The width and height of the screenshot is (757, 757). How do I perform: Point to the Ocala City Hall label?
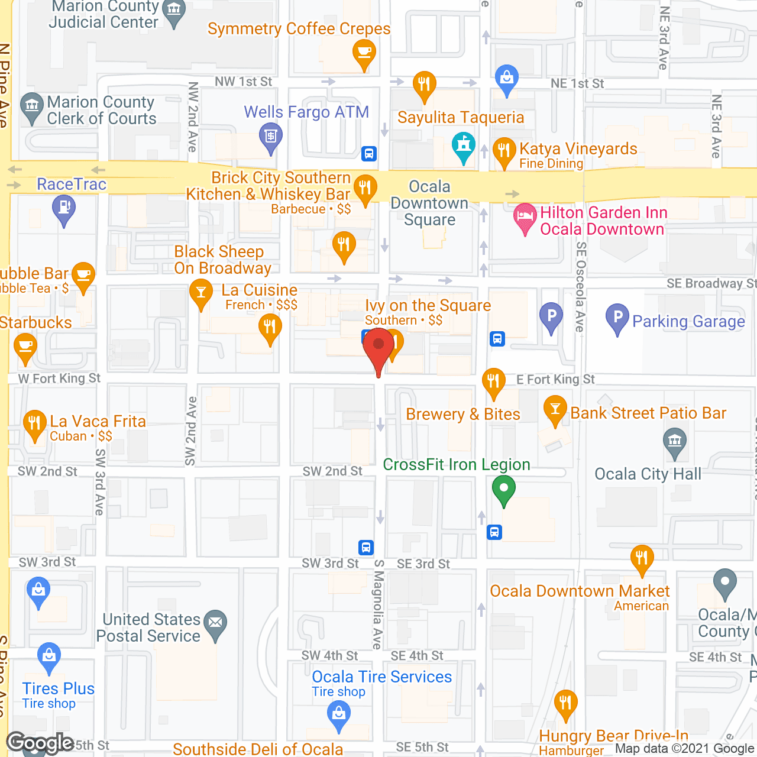click(x=648, y=474)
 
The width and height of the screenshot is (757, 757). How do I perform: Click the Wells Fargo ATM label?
click(x=306, y=112)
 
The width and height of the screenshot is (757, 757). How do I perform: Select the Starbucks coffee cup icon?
click(x=25, y=347)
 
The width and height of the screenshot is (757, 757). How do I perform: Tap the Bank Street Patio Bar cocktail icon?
click(x=555, y=410)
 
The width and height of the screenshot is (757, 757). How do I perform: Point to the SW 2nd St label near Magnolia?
click(x=332, y=471)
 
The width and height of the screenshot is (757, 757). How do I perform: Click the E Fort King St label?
click(x=555, y=380)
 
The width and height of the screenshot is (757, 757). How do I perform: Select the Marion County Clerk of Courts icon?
click(x=32, y=107)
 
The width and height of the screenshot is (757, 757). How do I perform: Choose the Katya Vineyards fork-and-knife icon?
click(x=504, y=151)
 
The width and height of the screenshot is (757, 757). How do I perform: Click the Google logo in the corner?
click(x=40, y=743)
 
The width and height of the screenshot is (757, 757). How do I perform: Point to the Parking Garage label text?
click(x=688, y=322)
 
